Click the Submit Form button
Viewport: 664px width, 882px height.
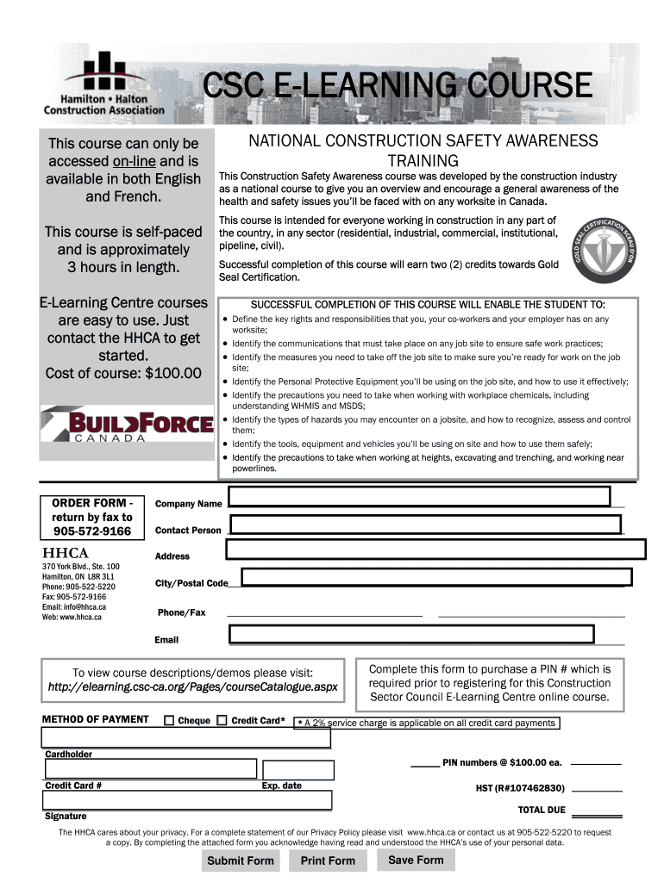click(x=241, y=860)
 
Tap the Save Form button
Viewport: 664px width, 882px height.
click(x=416, y=860)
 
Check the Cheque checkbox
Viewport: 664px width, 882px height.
click(x=169, y=721)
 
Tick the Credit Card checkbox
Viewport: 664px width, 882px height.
click(x=222, y=721)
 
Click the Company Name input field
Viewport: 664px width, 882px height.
click(x=419, y=497)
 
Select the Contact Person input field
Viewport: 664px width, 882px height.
click(x=425, y=525)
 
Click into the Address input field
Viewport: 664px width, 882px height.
click(x=435, y=550)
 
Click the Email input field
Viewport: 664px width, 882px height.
click(x=411, y=635)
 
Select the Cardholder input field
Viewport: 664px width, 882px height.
click(x=186, y=738)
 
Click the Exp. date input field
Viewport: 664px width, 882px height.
click(x=298, y=770)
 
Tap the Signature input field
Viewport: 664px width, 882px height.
click(x=186, y=800)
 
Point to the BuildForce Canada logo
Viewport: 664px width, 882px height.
click(x=127, y=425)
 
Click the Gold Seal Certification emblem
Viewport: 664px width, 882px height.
click(x=603, y=250)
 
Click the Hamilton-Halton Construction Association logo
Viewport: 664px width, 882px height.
click(x=104, y=84)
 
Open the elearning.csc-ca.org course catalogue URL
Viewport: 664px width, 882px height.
click(x=193, y=687)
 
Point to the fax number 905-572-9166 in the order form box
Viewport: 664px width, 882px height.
click(x=92, y=531)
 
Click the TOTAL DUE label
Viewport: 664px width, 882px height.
click(x=542, y=811)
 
